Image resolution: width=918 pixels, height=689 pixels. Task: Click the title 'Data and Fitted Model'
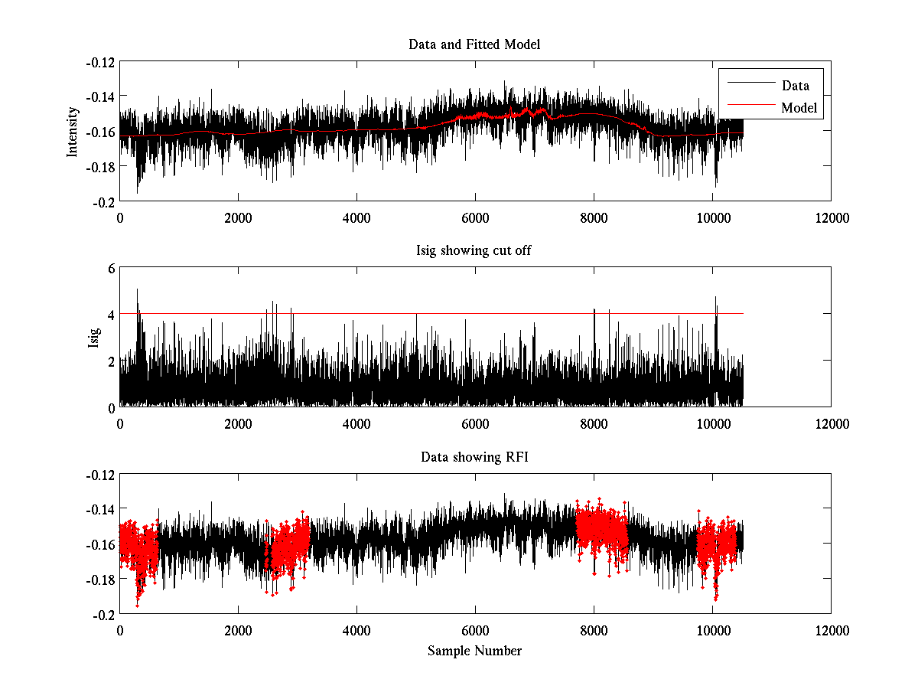pyautogui.click(x=474, y=44)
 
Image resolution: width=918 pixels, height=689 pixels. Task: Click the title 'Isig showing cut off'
pyautogui.click(x=474, y=251)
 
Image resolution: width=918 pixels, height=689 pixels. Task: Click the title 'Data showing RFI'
pyautogui.click(x=474, y=458)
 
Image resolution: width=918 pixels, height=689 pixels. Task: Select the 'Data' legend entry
pyautogui.click(x=795, y=86)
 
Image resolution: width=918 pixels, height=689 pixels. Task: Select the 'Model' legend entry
pyautogui.click(x=799, y=108)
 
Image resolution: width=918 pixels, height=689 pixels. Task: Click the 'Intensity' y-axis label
pyautogui.click(x=73, y=131)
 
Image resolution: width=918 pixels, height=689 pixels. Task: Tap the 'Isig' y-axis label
pyautogui.click(x=93, y=338)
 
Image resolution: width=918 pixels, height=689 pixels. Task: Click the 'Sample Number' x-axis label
pyautogui.click(x=474, y=651)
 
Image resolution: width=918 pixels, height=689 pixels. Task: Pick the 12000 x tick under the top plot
pyautogui.click(x=831, y=217)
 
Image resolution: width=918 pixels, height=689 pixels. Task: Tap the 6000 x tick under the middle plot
pyautogui.click(x=475, y=424)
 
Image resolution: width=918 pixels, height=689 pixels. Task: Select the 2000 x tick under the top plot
pyautogui.click(x=238, y=217)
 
